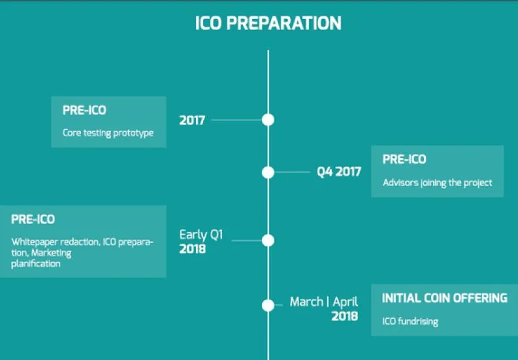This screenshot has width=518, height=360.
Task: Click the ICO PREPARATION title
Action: pyautogui.click(x=268, y=23)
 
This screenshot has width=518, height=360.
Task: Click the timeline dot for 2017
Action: pyautogui.click(x=268, y=120)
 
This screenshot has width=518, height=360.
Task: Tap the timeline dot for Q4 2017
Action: pyautogui.click(x=268, y=172)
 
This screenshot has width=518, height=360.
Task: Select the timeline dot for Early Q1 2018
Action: pyautogui.click(x=268, y=240)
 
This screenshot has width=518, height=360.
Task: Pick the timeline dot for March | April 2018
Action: pyautogui.click(x=268, y=306)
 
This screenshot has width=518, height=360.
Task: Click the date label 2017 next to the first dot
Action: pyautogui.click(x=192, y=120)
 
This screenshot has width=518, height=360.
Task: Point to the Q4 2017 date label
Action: pyautogui.click(x=338, y=172)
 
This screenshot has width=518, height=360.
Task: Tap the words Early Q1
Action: pyautogui.click(x=201, y=235)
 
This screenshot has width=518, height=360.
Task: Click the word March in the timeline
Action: pyautogui.click(x=306, y=301)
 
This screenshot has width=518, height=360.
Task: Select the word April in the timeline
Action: pyautogui.click(x=345, y=302)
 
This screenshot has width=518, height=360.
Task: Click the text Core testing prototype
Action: pyautogui.click(x=108, y=133)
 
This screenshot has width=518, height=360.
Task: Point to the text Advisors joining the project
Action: pyautogui.click(x=438, y=183)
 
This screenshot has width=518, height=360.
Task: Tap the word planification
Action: pyautogui.click(x=36, y=264)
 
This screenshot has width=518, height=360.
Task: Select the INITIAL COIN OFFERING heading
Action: pyautogui.click(x=445, y=298)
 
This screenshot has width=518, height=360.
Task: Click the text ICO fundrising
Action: pyautogui.click(x=410, y=321)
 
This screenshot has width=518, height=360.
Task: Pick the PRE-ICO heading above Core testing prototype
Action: pyautogui.click(x=84, y=110)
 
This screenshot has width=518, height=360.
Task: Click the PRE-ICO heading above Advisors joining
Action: pyautogui.click(x=404, y=159)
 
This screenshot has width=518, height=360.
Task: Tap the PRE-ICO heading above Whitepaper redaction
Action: pyautogui.click(x=33, y=219)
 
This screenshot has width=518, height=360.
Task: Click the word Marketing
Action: pyautogui.click(x=51, y=254)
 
